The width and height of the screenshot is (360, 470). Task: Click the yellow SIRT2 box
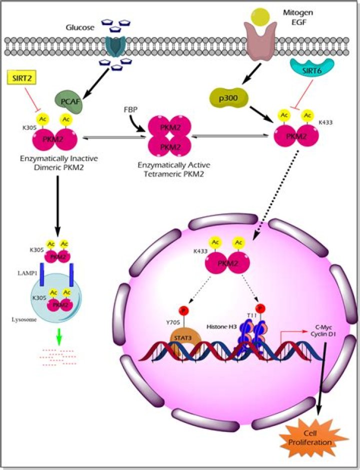click(21, 78)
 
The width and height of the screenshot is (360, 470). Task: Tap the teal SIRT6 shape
click(312, 68)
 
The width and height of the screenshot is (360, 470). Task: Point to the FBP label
click(130, 109)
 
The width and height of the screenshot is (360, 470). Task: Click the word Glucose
click(80, 28)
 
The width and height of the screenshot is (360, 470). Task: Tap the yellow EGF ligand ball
click(260, 16)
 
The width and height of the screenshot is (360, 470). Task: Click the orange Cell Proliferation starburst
click(314, 438)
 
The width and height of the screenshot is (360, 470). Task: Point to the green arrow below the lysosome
click(59, 337)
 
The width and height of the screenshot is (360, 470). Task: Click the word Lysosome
click(24, 319)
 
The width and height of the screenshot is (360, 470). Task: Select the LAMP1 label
click(27, 273)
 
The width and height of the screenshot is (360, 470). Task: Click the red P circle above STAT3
click(183, 310)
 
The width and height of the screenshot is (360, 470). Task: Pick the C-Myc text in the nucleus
click(323, 327)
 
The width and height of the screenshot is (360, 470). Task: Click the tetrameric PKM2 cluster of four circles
click(170, 136)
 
